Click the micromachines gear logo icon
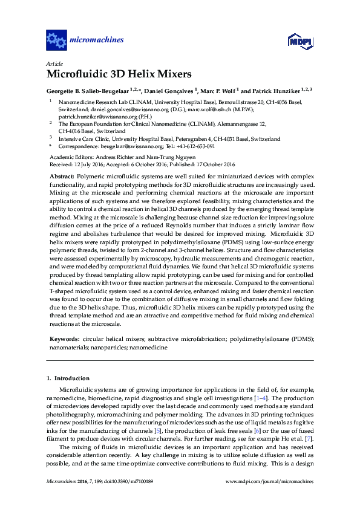point(56,41)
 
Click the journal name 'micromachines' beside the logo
point(97,41)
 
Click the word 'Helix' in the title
point(136,74)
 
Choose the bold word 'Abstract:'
point(62,175)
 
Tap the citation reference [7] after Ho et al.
point(309,436)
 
